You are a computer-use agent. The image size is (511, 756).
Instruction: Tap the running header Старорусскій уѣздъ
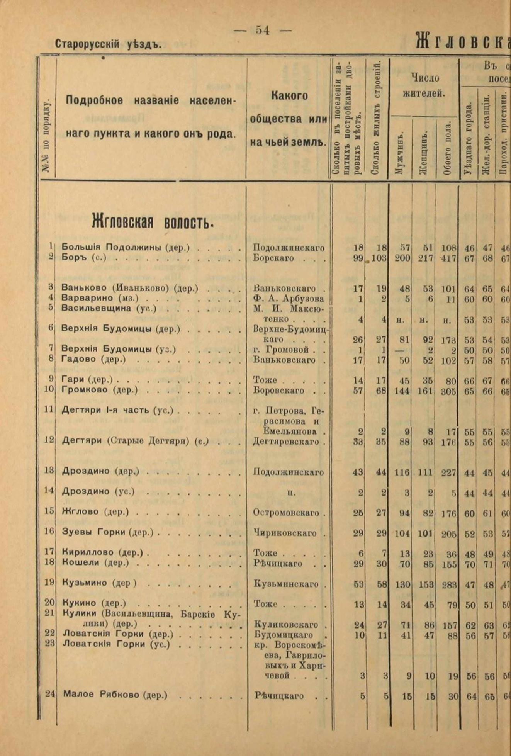click(107, 44)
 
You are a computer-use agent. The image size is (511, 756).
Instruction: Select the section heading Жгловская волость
click(153, 222)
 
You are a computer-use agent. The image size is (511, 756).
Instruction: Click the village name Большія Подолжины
click(125, 247)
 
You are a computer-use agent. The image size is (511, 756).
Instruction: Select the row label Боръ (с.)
click(84, 258)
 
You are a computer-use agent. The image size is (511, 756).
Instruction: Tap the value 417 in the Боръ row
click(448, 258)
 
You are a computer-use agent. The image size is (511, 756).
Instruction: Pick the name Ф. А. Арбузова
click(289, 298)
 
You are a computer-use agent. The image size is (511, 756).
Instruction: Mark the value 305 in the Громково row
click(448, 391)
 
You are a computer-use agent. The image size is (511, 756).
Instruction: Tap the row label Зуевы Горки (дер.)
click(108, 532)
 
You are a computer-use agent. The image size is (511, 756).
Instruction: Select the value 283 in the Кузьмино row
click(449, 584)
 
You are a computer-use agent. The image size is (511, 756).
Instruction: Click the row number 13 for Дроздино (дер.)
click(49, 471)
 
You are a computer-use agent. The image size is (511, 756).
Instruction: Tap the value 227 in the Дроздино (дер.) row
click(448, 472)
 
